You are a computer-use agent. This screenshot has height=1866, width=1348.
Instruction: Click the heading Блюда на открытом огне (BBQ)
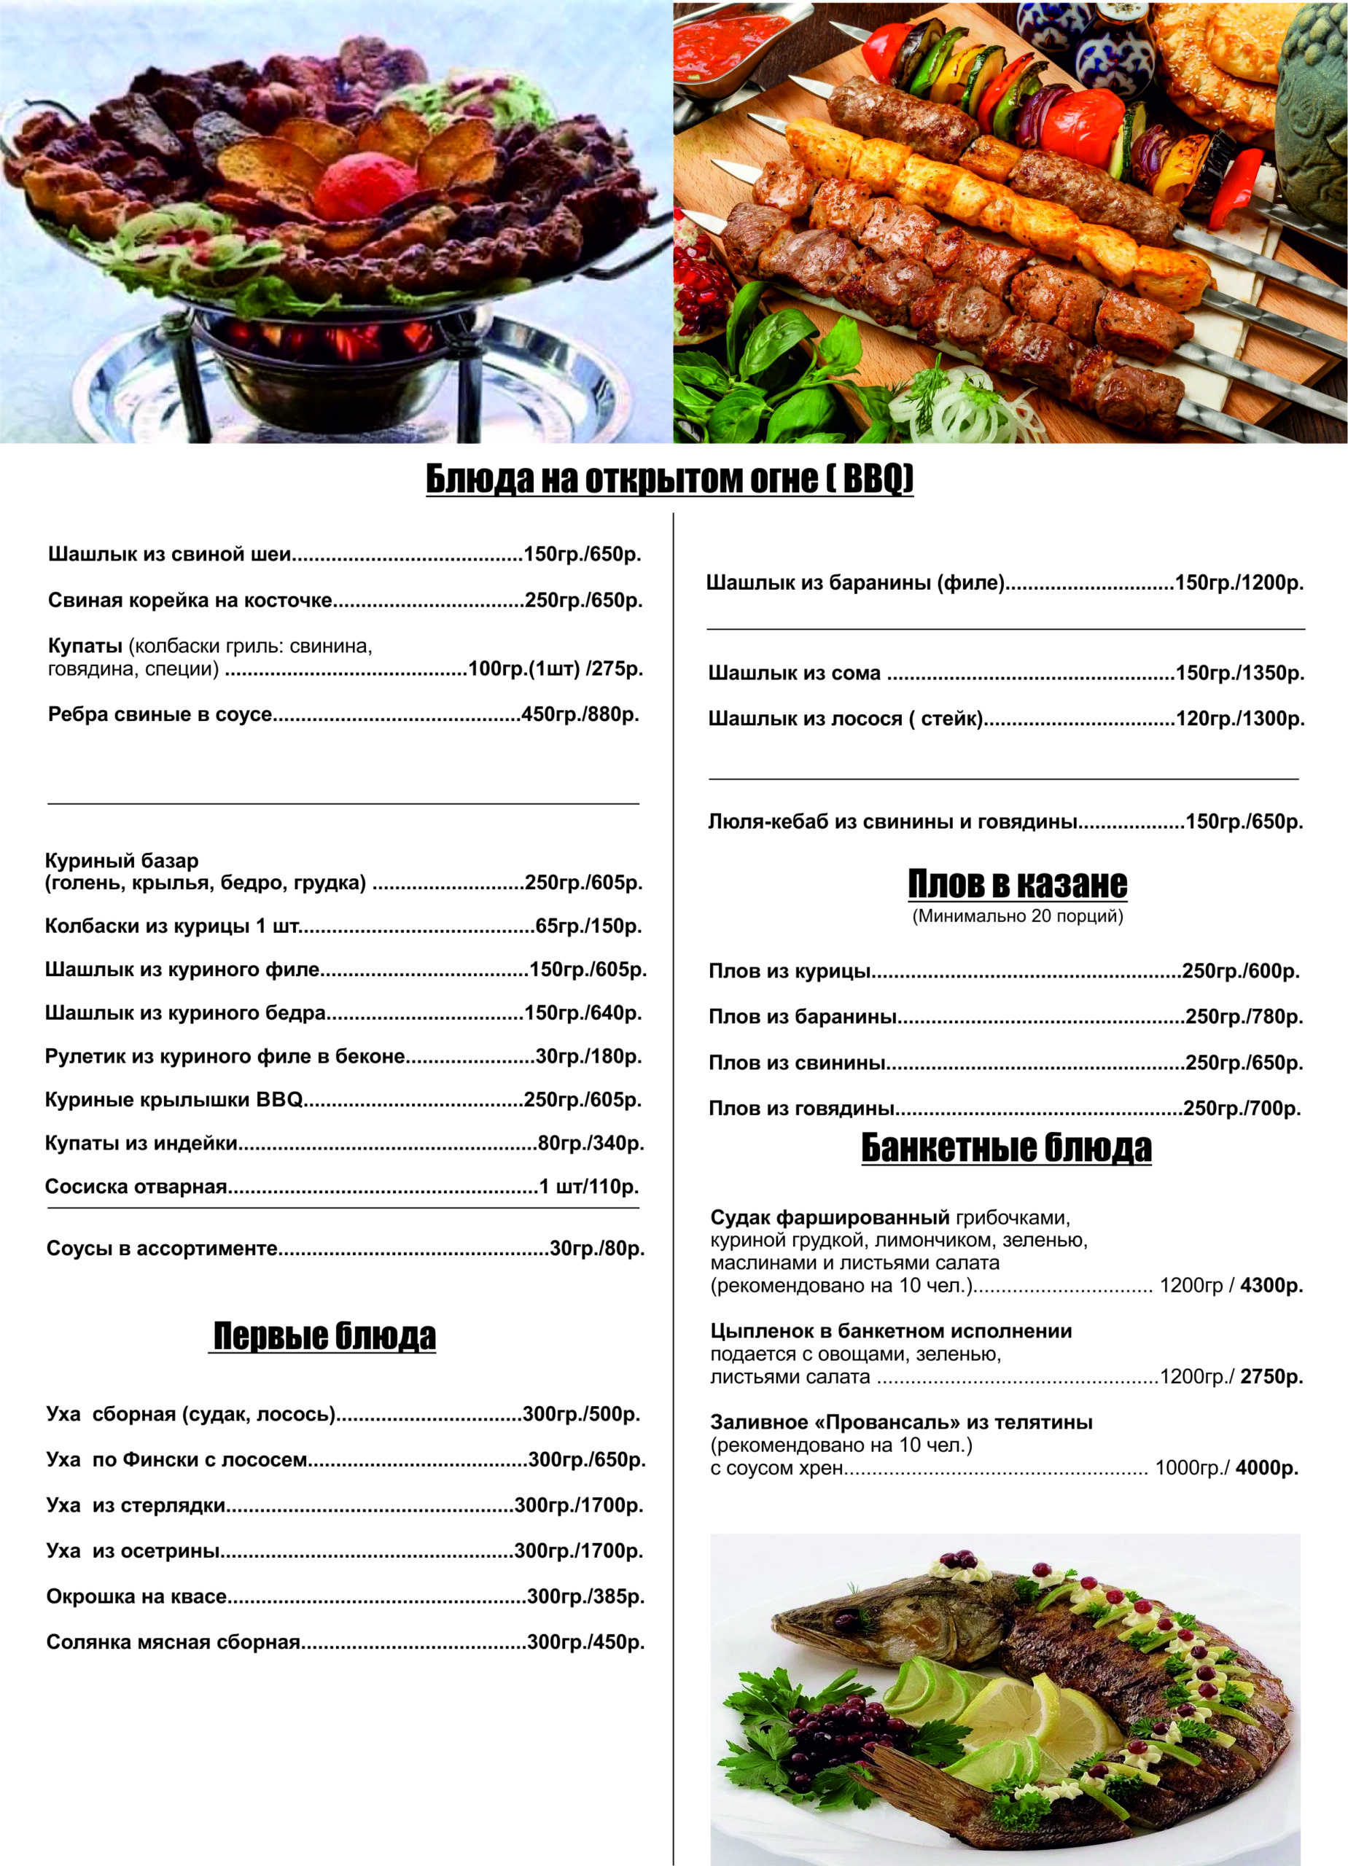pos(669,479)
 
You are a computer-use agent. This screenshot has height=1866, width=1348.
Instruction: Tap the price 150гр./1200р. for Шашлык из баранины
pos(1239,583)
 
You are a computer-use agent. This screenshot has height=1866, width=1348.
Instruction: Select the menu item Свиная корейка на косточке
pos(190,600)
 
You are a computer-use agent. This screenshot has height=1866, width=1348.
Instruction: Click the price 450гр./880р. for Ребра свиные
pos(580,714)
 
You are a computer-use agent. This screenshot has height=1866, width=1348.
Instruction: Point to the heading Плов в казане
pos(1017,884)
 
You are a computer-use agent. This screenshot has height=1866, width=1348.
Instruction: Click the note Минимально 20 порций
pos(1017,916)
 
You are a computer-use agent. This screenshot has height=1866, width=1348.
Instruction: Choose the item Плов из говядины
pos(801,1108)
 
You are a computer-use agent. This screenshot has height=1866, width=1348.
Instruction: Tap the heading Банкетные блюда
pos(1005,1148)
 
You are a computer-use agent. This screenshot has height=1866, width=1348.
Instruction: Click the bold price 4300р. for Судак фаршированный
pos(1271,1285)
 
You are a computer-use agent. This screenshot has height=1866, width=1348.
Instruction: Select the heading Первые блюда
pos(324,1336)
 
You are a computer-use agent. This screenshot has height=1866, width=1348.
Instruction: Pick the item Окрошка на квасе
pos(136,1596)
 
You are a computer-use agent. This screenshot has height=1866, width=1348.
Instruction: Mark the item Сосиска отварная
pos(136,1187)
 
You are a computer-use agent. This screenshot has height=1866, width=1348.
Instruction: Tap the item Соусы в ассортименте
pos(162,1248)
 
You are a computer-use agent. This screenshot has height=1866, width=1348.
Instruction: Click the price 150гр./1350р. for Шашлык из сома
pos(1239,673)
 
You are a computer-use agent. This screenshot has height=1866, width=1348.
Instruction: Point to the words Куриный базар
pos(122,861)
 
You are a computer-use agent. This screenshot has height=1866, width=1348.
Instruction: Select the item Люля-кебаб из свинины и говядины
pos(893,821)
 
